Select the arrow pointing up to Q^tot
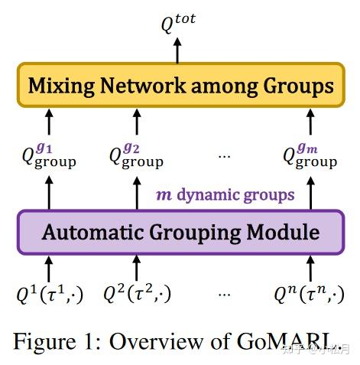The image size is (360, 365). (177, 50)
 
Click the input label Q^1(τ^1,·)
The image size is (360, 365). (50, 295)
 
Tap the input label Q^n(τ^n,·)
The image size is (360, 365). (310, 295)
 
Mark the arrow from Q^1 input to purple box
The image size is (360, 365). (50, 269)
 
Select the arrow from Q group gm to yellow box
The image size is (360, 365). (310, 122)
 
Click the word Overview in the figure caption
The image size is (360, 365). (157, 339)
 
